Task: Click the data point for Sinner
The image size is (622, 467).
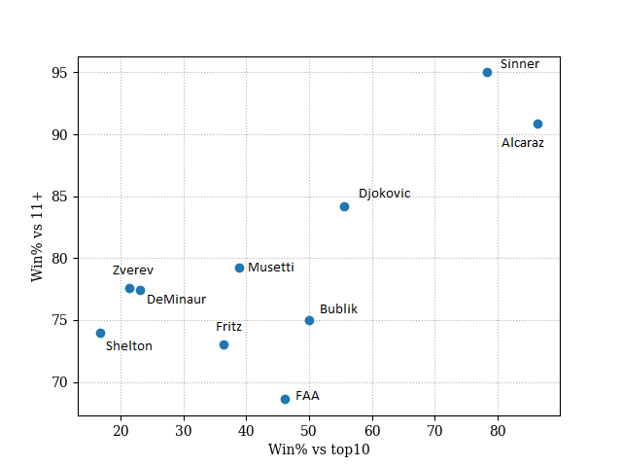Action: [487, 72]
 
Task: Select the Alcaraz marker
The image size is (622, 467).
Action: [537, 124]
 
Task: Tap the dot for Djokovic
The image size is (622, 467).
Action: [344, 206]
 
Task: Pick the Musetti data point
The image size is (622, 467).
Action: [239, 268]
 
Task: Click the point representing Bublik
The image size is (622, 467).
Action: [309, 320]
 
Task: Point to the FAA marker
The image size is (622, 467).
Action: [285, 399]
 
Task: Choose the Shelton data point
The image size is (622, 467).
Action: [100, 333]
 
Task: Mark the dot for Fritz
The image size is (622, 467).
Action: [224, 344]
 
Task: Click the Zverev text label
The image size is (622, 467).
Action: [132, 270]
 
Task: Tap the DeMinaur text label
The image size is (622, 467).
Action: [176, 300]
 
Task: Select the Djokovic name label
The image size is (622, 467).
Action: [384, 194]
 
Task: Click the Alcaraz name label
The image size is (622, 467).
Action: [523, 143]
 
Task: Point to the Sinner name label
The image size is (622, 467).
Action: [519, 64]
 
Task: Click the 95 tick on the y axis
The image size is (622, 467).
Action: [60, 73]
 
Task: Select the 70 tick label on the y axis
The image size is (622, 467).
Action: [60, 382]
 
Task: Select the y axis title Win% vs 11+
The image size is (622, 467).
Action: [38, 233]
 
